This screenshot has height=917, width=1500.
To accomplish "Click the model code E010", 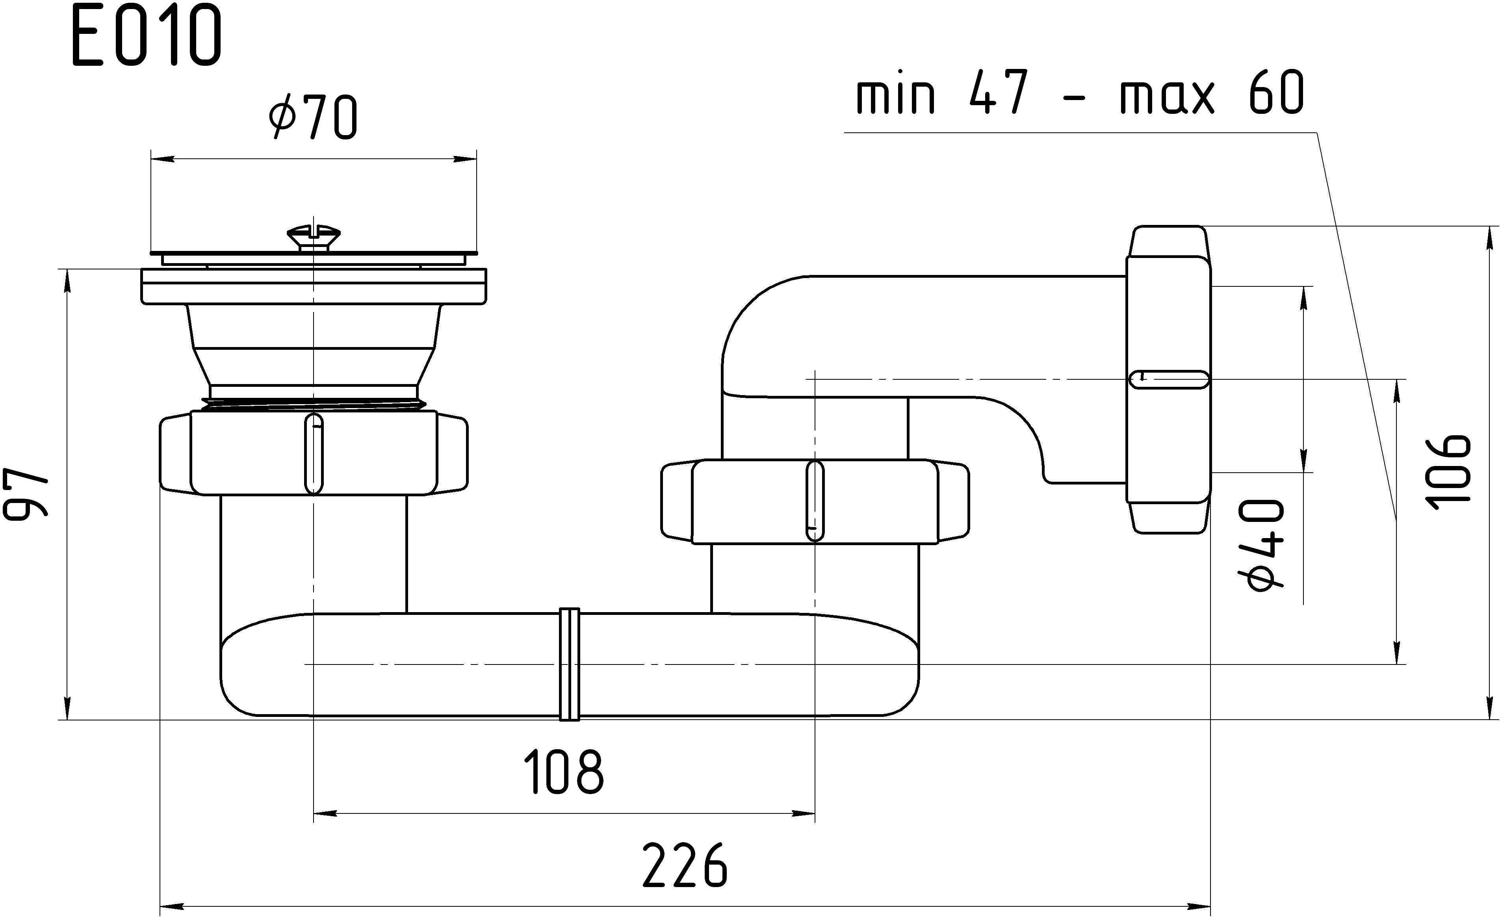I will click(x=146, y=37).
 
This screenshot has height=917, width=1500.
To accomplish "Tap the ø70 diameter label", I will click(x=314, y=117).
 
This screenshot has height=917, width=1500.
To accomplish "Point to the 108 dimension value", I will click(x=564, y=772).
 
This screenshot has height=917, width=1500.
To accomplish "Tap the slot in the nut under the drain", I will click(x=314, y=454).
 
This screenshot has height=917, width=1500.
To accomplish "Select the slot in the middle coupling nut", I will click(x=815, y=501).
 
